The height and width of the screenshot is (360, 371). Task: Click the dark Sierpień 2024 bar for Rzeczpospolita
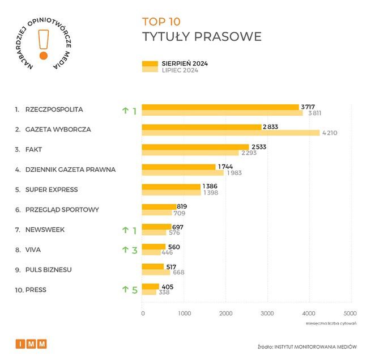(x=220, y=107)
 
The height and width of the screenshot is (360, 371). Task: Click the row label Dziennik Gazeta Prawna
(x=71, y=169)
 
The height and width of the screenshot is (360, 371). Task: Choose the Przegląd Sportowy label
(x=62, y=210)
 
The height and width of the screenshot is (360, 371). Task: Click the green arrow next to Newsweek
(x=125, y=230)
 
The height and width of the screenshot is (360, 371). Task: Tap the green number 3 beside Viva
(x=135, y=250)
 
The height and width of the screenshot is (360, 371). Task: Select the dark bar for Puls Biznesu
(x=152, y=266)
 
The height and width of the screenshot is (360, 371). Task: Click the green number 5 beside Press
(x=135, y=290)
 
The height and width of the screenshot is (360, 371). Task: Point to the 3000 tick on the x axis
(x=267, y=313)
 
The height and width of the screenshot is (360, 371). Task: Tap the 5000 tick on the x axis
(x=350, y=313)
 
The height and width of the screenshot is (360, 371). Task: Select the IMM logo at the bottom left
(x=31, y=344)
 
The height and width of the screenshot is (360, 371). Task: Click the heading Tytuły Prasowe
(x=201, y=37)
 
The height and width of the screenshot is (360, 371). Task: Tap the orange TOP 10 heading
(x=161, y=22)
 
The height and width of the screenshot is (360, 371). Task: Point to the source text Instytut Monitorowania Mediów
(x=319, y=345)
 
